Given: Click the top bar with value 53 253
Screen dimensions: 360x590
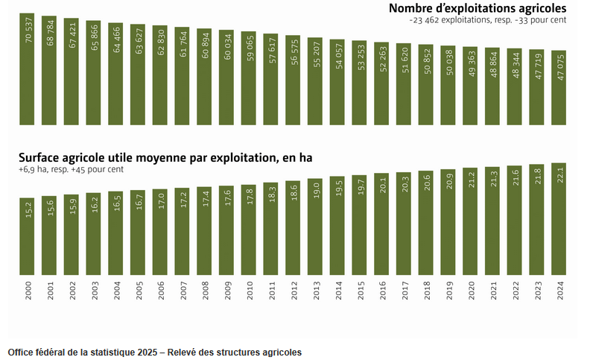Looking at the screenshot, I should [360, 83].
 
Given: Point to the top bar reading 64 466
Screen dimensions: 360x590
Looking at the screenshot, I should [115, 75].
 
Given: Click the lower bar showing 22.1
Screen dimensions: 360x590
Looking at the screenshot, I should [559, 219].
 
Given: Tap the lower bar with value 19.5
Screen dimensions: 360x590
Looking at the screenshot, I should [337, 226].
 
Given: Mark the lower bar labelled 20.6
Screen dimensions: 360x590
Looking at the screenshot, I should [426, 223].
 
